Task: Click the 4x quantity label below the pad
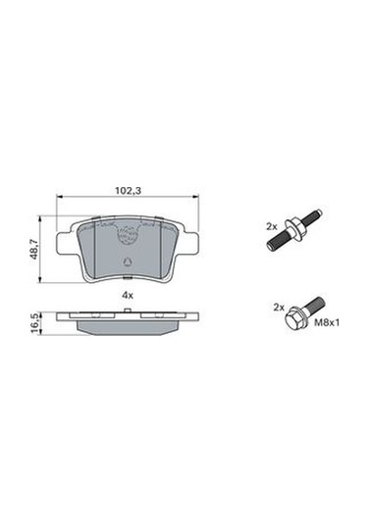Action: [x=126, y=295]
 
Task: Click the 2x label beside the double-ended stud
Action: [x=271, y=224]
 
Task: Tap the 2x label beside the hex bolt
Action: [x=279, y=307]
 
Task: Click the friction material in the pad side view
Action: [x=125, y=325]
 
